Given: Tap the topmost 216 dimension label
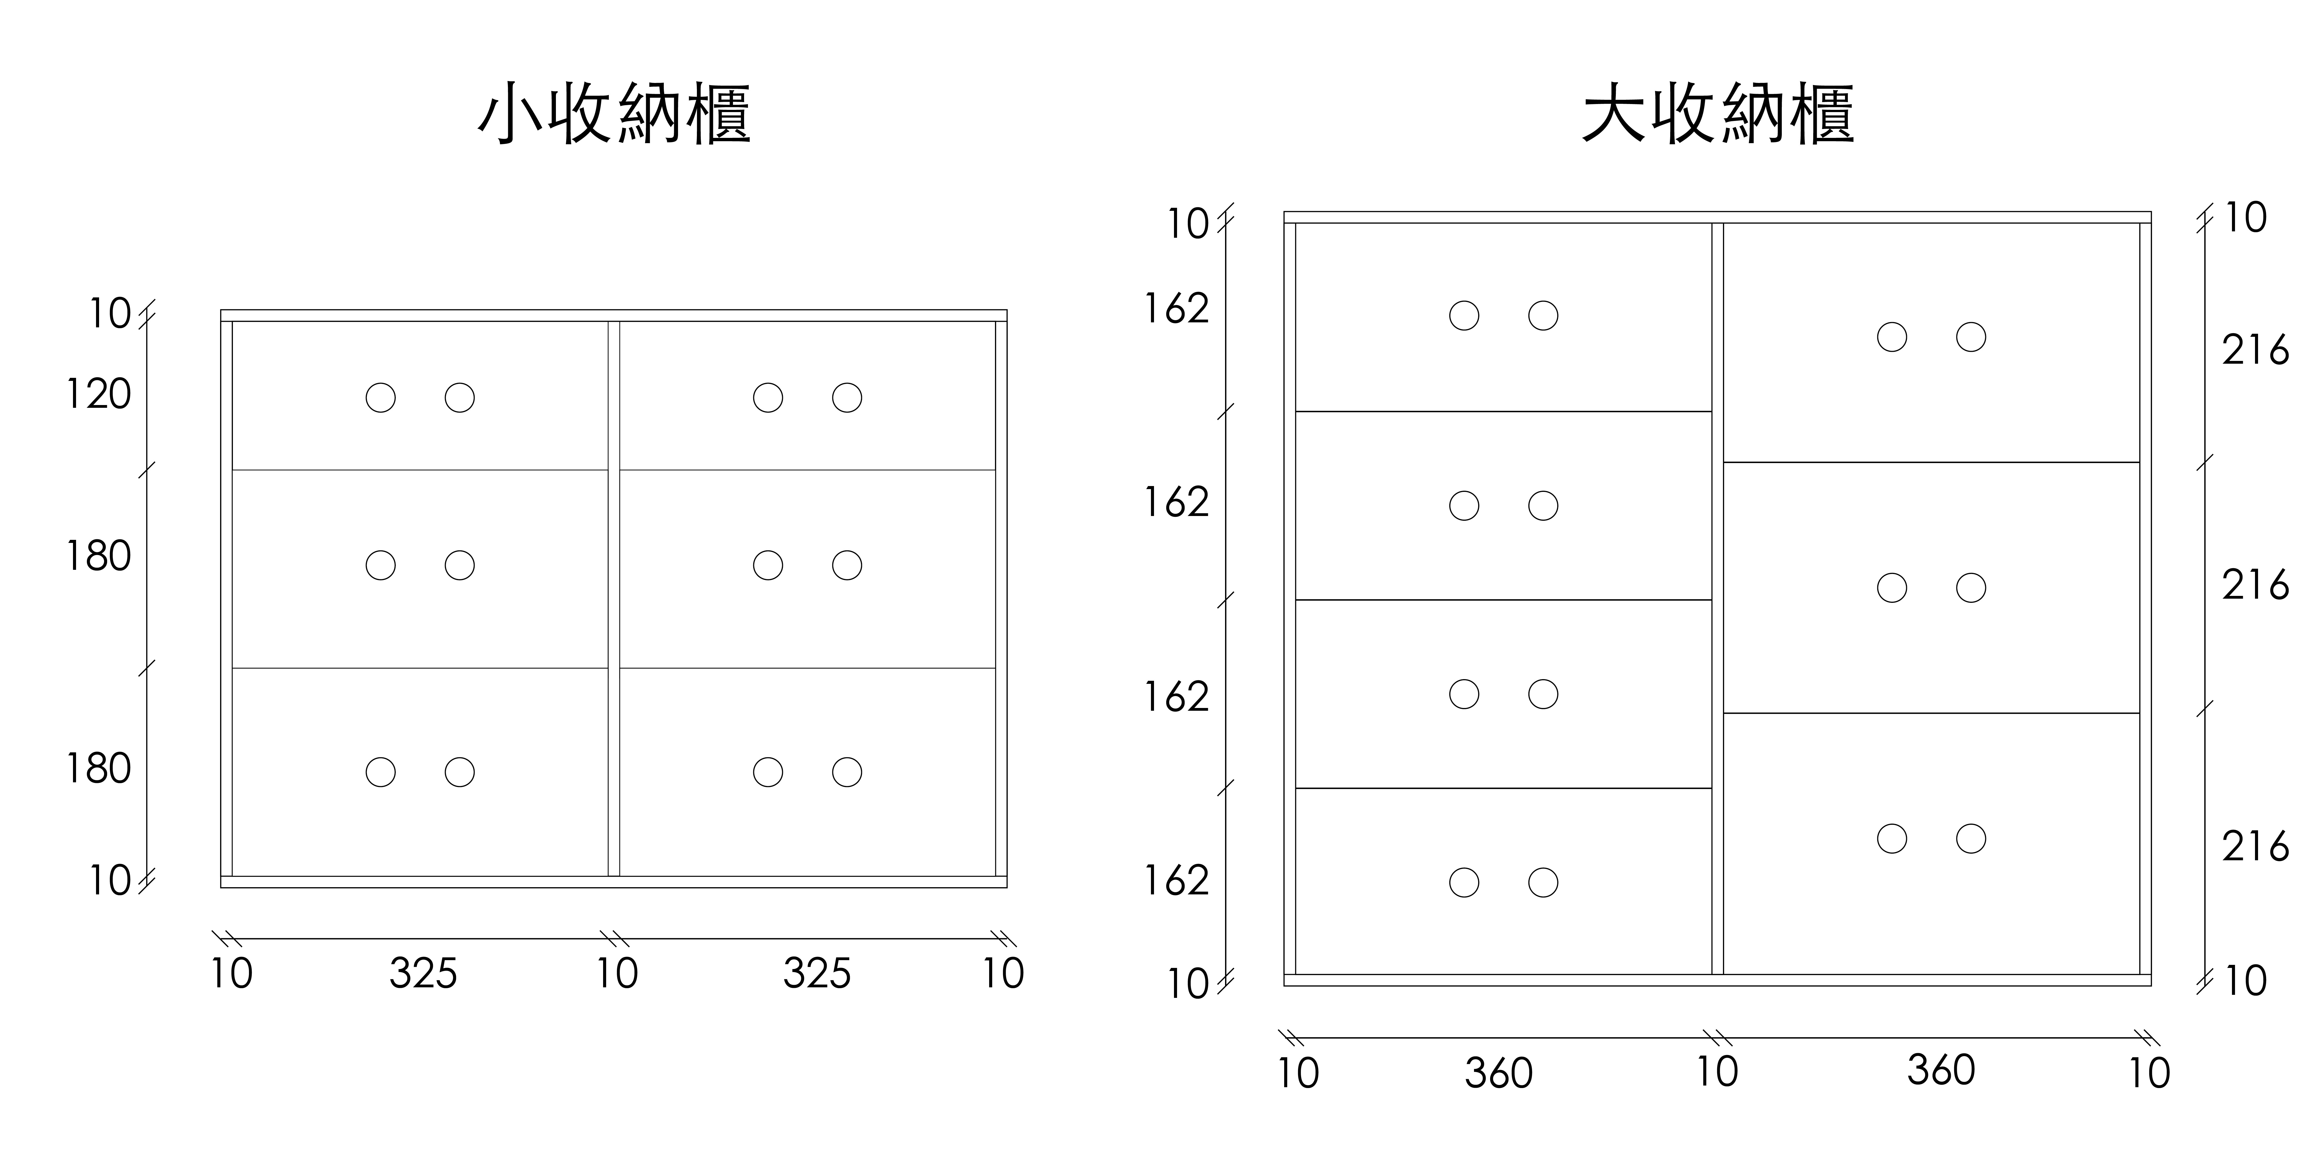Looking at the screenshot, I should coord(2256,350).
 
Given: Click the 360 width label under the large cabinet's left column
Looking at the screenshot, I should coord(1499,1073).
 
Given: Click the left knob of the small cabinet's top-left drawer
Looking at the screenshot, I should coord(381,398).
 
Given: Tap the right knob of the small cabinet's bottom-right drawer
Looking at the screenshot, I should coord(847,772).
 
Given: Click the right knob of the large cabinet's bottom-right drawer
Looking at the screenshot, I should coord(1971,838).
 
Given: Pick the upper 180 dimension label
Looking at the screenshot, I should coord(99,557).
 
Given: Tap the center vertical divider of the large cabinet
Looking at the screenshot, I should coord(1718,599).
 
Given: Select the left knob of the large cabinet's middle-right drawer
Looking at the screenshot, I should coord(1892,588).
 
